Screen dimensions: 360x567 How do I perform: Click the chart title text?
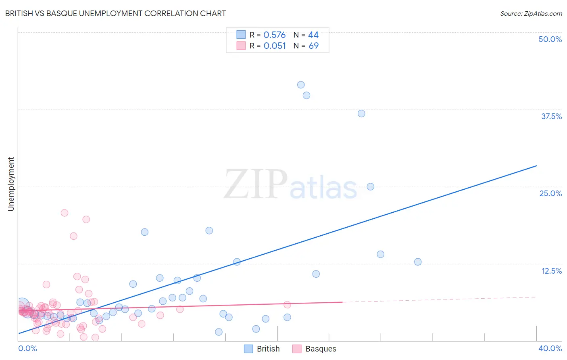pos(115,13)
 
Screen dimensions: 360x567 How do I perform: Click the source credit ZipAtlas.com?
pos(531,13)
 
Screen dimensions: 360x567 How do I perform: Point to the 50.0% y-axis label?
pos(550,39)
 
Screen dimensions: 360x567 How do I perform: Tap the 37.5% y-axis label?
pos(551,116)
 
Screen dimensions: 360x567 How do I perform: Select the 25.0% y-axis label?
pos(550,193)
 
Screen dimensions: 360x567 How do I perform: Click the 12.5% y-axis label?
pos(551,271)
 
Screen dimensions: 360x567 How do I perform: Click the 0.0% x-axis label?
pos(27,348)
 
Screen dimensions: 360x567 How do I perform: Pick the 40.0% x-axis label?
pos(550,348)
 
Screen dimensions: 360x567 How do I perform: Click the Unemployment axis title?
pos(11,184)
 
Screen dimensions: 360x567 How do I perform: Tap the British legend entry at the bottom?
pos(268,349)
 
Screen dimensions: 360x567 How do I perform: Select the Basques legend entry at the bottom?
pos(320,349)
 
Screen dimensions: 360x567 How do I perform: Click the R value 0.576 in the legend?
pos(274,35)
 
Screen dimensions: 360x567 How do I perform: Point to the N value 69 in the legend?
pos(313,46)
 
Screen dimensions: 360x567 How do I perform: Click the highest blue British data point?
pos(301,85)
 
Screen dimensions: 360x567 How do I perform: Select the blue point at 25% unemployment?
pos(371,186)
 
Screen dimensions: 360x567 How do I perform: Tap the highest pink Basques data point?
pos(65,213)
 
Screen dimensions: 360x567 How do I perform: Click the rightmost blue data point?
pos(418,262)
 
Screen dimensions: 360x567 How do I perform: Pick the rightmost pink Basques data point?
pos(287,305)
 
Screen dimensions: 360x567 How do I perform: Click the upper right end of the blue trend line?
pos(536,166)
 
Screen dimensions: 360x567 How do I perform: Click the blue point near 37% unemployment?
pos(361,113)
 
